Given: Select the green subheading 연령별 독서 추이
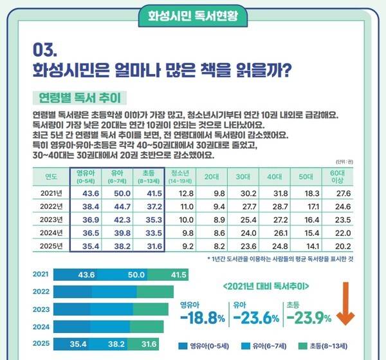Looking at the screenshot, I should [x=78, y=99].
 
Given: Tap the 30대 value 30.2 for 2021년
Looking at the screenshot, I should [x=242, y=193].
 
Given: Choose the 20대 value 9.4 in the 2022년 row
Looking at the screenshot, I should [x=210, y=205].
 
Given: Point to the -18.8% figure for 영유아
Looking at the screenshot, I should [x=203, y=317].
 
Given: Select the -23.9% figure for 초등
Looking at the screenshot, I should [x=309, y=317].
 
